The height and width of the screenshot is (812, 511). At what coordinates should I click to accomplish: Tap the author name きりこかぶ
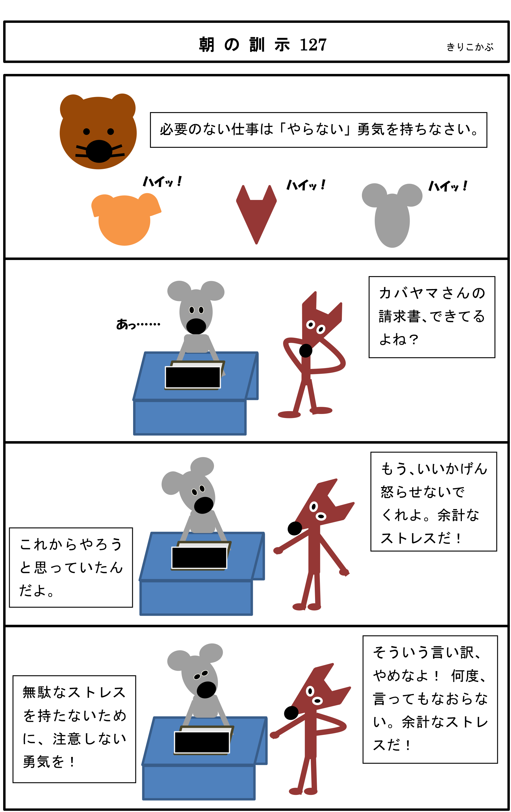[x=470, y=47]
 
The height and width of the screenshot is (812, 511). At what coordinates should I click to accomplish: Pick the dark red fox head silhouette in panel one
[x=256, y=215]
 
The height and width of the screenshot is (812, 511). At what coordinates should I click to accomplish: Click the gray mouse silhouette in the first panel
[x=392, y=215]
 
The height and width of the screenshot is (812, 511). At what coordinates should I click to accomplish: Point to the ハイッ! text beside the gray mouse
[x=448, y=186]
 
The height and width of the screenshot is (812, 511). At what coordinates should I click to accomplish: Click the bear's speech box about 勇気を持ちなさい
[x=318, y=130]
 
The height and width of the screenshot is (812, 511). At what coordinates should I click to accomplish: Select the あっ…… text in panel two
[x=138, y=324]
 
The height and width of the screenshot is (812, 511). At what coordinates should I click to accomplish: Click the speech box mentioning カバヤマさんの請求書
[x=432, y=317]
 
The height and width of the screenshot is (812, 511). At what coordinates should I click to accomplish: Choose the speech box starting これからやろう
[x=71, y=567]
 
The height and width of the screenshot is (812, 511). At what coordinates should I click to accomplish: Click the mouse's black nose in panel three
[x=204, y=505]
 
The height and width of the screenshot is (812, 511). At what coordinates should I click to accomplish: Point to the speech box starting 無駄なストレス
[x=74, y=729]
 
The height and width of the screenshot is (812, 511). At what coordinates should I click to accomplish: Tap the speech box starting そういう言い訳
[x=430, y=699]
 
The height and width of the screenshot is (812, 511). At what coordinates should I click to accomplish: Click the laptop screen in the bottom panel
[x=202, y=742]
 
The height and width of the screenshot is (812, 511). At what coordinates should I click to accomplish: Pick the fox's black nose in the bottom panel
[x=291, y=712]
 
